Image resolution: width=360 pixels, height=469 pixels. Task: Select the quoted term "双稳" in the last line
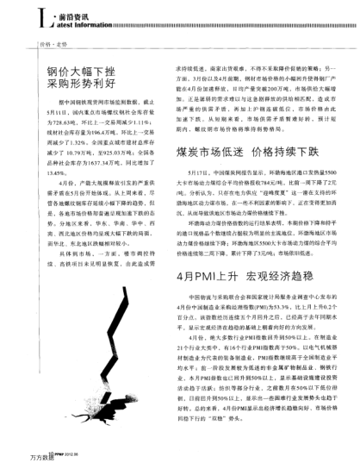(232, 441)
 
